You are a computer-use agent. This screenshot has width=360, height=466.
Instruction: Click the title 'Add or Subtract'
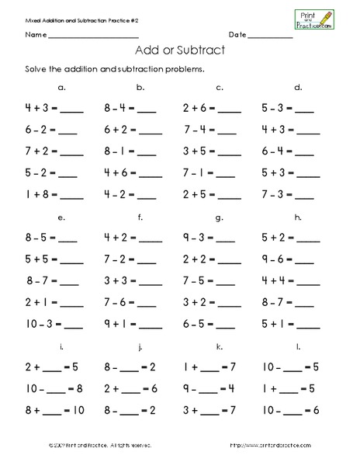[x=179, y=51]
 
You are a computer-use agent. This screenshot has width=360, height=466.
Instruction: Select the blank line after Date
[x=271, y=37]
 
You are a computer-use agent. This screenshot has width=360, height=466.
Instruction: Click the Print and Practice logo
[x=313, y=19]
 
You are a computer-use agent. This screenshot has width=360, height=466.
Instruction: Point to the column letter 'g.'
[x=220, y=217]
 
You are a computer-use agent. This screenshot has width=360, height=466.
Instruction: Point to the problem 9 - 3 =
[x=198, y=238]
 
